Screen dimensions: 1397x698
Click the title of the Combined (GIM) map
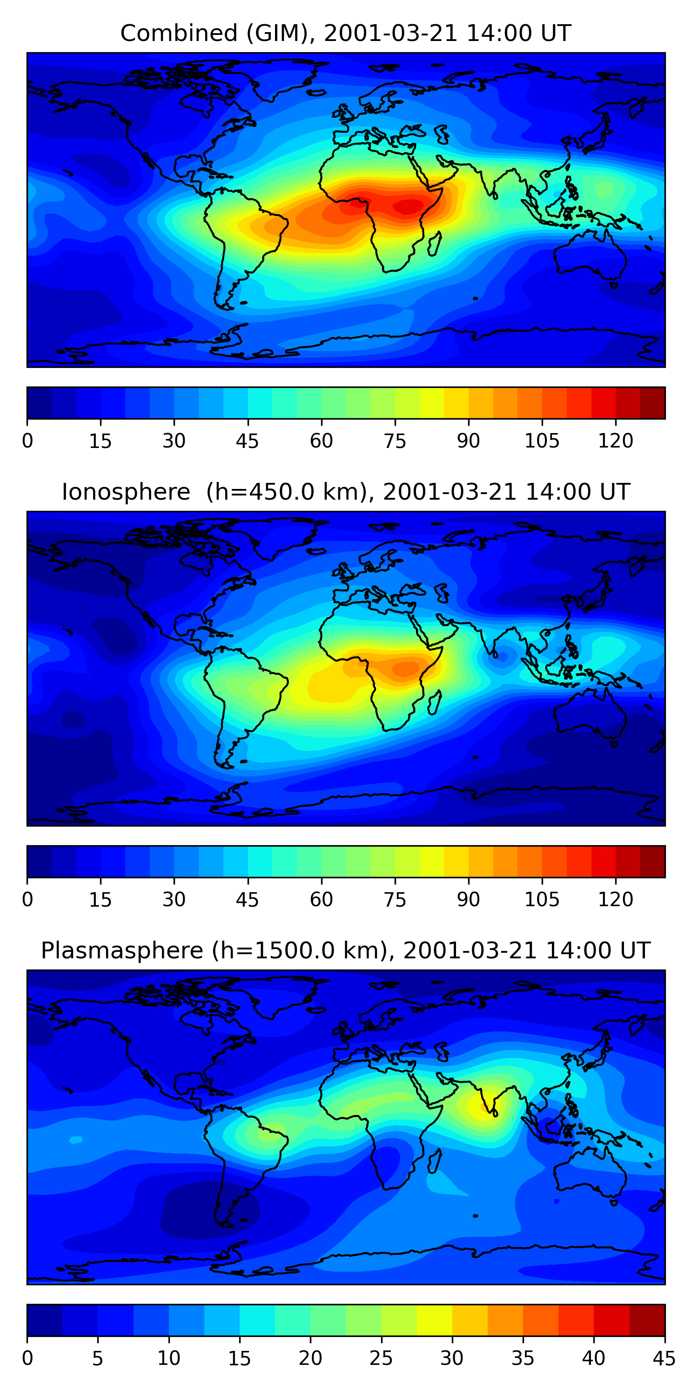[x=345, y=33]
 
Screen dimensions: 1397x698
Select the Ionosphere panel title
[x=345, y=492]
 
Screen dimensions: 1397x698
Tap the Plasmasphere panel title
[x=345, y=951]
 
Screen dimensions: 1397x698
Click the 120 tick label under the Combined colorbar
[x=615, y=441]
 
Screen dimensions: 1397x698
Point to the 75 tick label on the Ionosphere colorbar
[x=395, y=900]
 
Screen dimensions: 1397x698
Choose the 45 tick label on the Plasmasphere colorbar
[x=664, y=1358]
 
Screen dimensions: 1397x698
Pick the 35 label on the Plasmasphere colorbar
[x=523, y=1358]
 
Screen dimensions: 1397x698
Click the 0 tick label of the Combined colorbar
[x=27, y=441]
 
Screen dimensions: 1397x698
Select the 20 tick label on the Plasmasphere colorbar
[x=310, y=1358]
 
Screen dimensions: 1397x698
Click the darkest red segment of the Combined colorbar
[x=652, y=403]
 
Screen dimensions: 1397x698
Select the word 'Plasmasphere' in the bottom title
[x=122, y=951]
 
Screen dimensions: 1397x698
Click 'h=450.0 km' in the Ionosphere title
[x=283, y=492]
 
